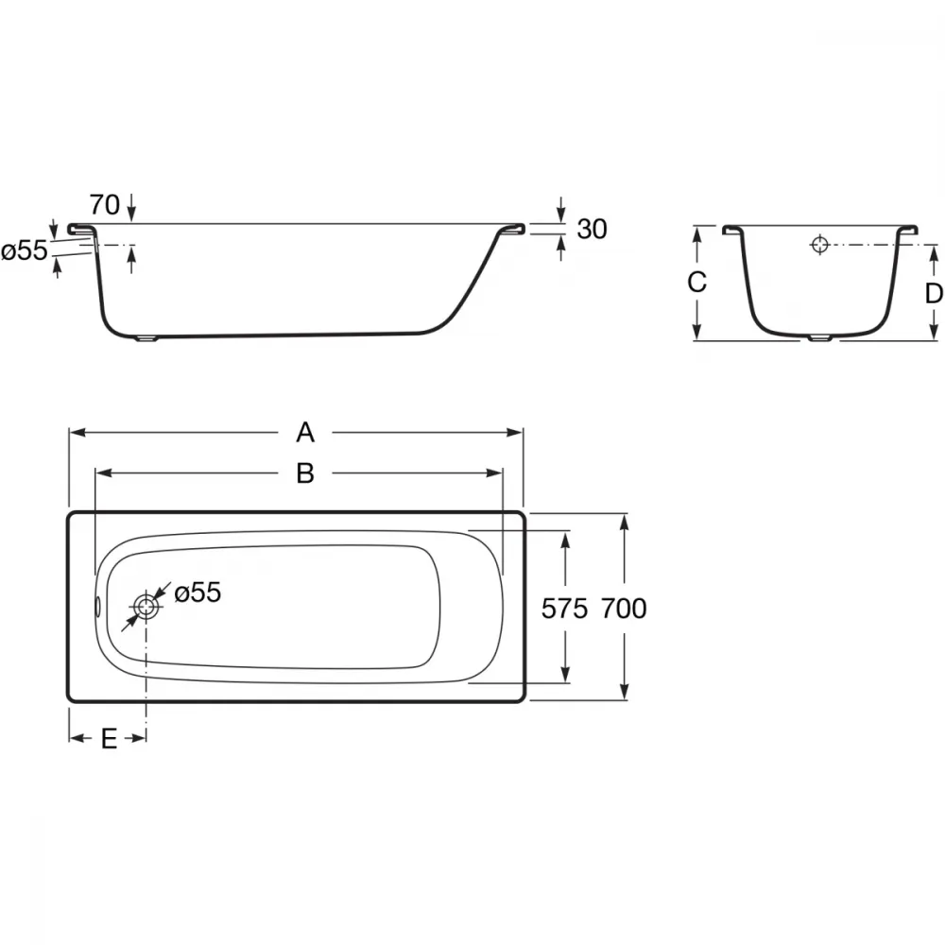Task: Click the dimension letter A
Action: tap(305, 433)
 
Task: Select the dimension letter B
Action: tap(305, 473)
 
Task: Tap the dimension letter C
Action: tap(696, 282)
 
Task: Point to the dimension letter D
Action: tap(934, 294)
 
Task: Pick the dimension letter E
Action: tap(109, 738)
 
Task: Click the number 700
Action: tap(624, 609)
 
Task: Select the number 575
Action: tap(564, 609)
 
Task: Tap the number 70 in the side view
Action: tap(105, 205)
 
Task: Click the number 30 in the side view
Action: tap(592, 230)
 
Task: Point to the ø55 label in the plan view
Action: tap(198, 593)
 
